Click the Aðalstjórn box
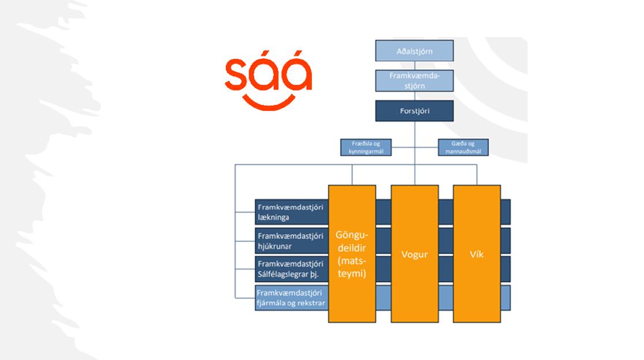tap(415, 51)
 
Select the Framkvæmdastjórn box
tap(415, 81)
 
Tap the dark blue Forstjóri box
tap(415, 111)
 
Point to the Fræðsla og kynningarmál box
tap(366, 147)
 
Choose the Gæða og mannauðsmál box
tap(464, 147)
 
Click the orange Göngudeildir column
tap(352, 254)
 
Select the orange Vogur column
tap(415, 254)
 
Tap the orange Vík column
tap(477, 254)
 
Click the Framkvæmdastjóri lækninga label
tap(291, 212)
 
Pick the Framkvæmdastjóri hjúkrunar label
tap(291, 241)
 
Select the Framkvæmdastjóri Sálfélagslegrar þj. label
tap(291, 269)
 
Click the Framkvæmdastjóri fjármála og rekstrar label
tap(291, 298)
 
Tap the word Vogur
tap(415, 254)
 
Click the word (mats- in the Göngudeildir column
tap(352, 261)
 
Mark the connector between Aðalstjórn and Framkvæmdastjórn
tap(415, 66)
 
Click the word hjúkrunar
tap(275, 246)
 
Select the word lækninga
tap(273, 217)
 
